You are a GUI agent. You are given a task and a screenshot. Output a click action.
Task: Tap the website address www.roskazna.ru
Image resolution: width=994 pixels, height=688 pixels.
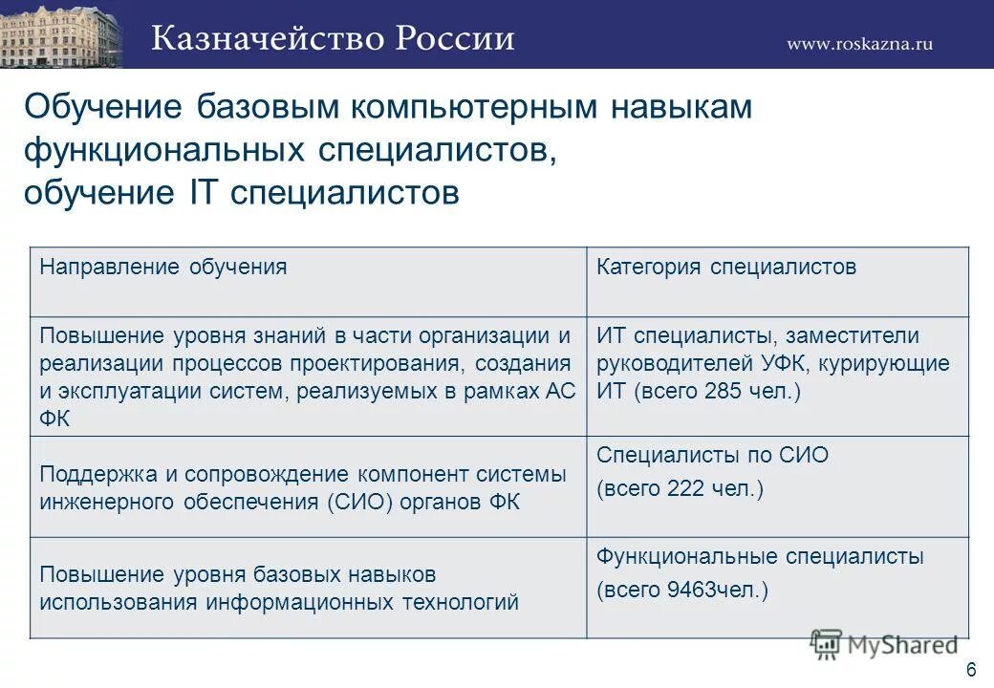pyautogui.click(x=859, y=43)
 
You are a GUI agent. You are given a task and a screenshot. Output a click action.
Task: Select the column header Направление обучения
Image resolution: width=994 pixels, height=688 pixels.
pyautogui.click(x=163, y=267)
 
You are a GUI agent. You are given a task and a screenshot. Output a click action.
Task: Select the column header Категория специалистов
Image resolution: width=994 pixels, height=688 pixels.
pyautogui.click(x=726, y=267)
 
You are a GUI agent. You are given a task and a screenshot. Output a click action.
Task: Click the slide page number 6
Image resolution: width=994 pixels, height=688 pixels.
pyautogui.click(x=971, y=668)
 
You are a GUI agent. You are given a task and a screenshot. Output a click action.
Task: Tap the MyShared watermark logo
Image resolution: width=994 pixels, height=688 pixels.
pyautogui.click(x=883, y=645)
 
